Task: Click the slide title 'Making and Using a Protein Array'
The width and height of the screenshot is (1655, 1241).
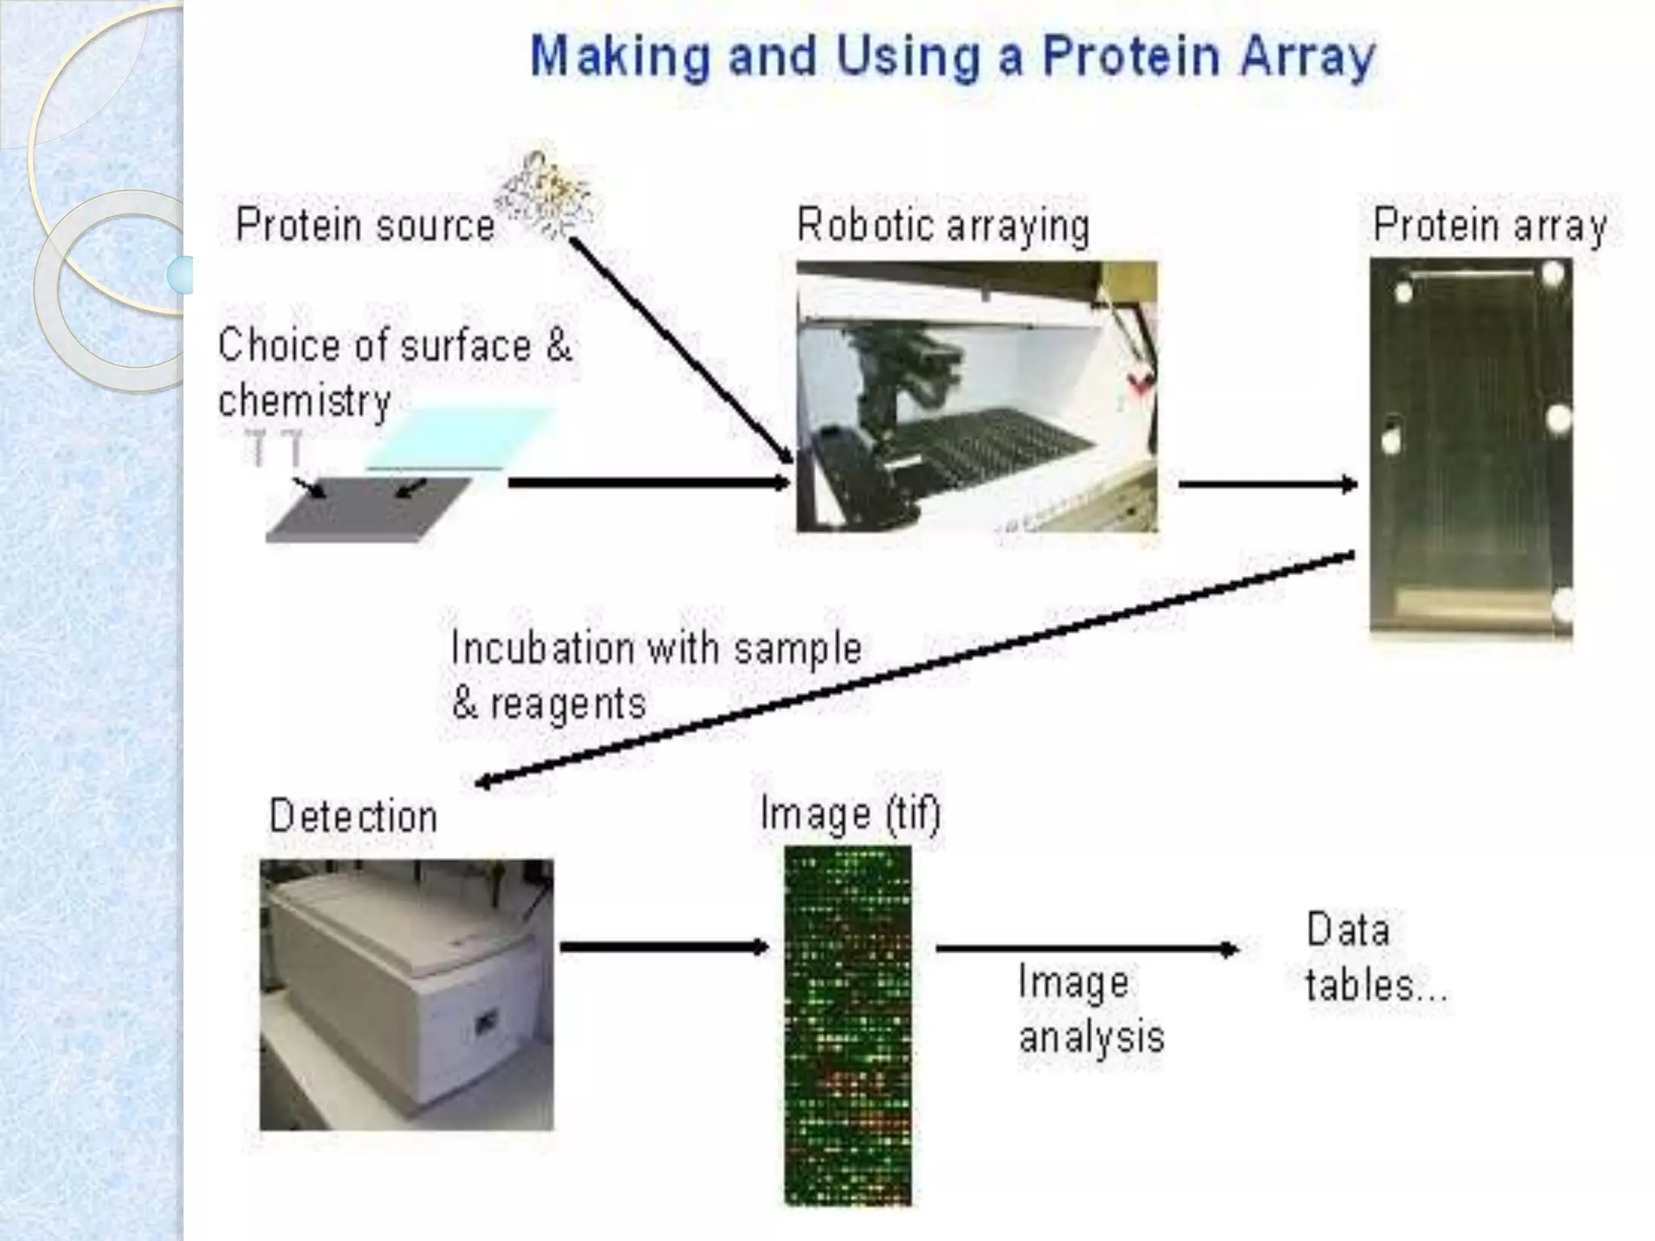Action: (x=952, y=57)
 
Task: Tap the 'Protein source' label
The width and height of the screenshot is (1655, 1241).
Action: (x=365, y=225)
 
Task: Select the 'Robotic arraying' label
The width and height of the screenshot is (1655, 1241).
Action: (x=943, y=225)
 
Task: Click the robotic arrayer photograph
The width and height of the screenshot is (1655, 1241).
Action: (x=976, y=396)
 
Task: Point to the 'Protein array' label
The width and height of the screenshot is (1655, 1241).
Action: (x=1489, y=225)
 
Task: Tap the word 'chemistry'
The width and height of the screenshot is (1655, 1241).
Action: (x=305, y=401)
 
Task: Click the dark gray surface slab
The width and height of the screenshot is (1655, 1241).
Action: (x=368, y=509)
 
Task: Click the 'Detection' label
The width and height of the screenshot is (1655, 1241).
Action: (x=353, y=816)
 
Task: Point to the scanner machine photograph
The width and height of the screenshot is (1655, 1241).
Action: (x=406, y=994)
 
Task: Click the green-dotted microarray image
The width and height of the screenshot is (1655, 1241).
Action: (x=848, y=1026)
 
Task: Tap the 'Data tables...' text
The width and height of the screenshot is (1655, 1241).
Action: (x=1374, y=957)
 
